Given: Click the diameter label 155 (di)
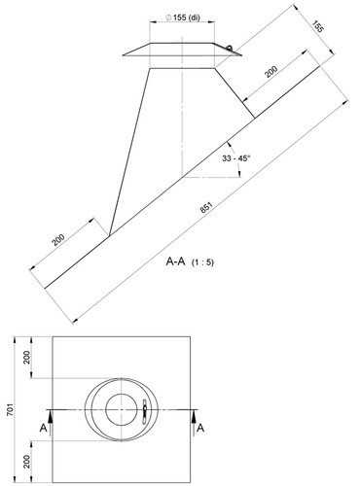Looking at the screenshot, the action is point(183,17).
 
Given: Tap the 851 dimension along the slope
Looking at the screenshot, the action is point(206,208).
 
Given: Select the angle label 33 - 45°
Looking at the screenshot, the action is point(236,158).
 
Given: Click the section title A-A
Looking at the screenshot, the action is point(175,261).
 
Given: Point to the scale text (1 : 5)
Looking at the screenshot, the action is point(202,262).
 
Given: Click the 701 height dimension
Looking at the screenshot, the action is point(10,410).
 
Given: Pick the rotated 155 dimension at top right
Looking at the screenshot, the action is point(318,26).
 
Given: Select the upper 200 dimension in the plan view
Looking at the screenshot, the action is point(27,358).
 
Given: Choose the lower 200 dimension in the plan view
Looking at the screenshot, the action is point(27,462).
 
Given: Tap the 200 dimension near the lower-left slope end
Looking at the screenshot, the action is point(58,239).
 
